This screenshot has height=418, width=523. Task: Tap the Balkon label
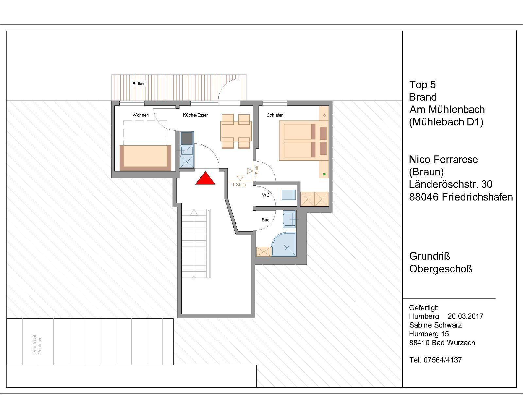pos(139,84)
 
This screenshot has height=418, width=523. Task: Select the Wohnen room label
pos(141,115)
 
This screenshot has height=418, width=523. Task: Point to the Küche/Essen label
pos(196,115)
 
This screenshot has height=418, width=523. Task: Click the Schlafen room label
pos(275,115)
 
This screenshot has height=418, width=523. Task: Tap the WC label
pos(266,195)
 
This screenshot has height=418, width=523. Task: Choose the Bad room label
pos(265,220)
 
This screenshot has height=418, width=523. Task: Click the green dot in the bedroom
pos(324,174)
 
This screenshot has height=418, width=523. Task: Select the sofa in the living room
pos(145,158)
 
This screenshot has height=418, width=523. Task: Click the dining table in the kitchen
pos(236,131)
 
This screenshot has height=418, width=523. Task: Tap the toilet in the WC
pos(289,195)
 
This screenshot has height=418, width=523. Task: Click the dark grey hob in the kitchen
pos(187,138)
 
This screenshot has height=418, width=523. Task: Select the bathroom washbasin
pos(289,219)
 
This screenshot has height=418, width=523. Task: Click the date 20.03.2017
pos(465,316)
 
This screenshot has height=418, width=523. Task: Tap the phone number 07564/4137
pos(443,360)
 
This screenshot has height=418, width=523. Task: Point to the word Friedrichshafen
pos(477,197)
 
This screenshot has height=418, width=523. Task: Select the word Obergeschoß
pos(441,269)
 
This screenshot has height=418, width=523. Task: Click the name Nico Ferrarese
pos(443,159)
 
